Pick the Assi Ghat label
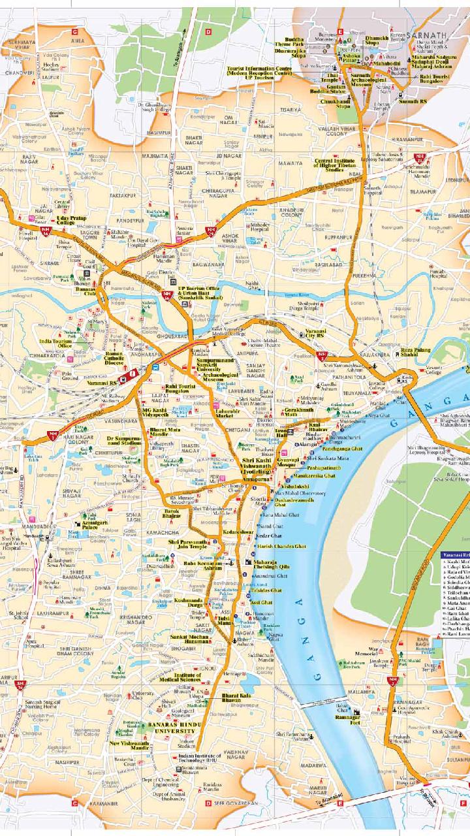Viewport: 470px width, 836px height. point(262,602)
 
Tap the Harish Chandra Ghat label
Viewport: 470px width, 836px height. point(281,546)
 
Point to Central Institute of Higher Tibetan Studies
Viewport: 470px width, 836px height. point(335,165)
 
